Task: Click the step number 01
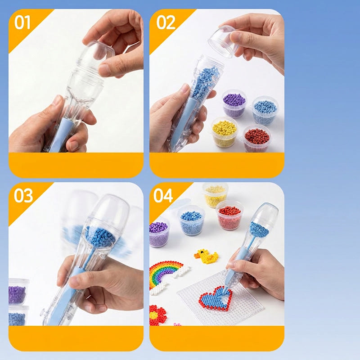tap(22, 22)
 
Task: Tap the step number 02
tap(166, 22)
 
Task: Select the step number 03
tap(23, 196)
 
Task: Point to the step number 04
tap(163, 196)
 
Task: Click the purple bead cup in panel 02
tap(234, 103)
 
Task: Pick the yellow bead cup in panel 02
tap(224, 131)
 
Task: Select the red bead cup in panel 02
tap(256, 138)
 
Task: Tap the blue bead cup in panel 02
tap(265, 110)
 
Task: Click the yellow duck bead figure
tap(206, 256)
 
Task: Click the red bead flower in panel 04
tap(157, 315)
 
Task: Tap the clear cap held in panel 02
tap(223, 42)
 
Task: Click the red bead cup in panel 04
tap(229, 215)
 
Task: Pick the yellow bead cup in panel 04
tap(215, 195)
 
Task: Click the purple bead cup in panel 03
tap(18, 292)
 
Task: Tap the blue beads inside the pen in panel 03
tap(100, 237)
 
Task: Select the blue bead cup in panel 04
tap(191, 220)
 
